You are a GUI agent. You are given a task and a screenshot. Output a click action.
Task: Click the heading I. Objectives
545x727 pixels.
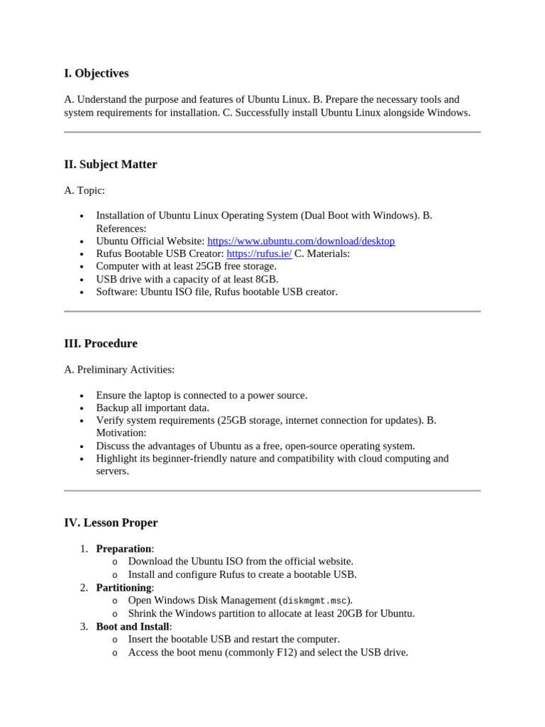pos(97,74)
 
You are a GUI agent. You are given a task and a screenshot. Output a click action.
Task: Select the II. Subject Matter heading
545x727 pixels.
pos(111,165)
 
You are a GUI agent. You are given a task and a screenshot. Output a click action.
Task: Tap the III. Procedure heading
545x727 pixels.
pos(101,344)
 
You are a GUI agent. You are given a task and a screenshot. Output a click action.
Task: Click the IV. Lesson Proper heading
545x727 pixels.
pos(111,523)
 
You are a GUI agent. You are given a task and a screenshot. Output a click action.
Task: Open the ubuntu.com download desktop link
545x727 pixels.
pos(301,241)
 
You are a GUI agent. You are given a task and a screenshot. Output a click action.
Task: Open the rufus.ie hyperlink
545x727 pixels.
pos(259,254)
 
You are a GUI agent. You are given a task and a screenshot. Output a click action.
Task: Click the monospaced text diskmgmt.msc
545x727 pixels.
pos(315,601)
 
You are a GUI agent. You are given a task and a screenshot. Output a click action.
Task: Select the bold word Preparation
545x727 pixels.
pos(123,549)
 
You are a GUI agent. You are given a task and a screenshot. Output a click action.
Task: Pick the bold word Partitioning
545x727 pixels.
pos(123,588)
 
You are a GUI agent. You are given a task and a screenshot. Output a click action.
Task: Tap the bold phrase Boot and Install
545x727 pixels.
pos(133,626)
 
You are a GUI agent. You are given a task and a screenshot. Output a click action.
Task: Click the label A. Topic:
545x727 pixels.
pos(84,190)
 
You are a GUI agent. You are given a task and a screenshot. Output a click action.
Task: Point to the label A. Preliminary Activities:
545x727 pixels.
pos(119,370)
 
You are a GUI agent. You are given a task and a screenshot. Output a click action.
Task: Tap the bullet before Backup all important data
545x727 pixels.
pos(82,409)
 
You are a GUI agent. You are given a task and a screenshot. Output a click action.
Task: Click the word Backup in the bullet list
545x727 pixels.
pos(111,408)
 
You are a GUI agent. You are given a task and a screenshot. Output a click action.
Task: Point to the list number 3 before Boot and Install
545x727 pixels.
pos(83,627)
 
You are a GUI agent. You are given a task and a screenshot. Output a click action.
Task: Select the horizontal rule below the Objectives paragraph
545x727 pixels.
pos(272,132)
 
